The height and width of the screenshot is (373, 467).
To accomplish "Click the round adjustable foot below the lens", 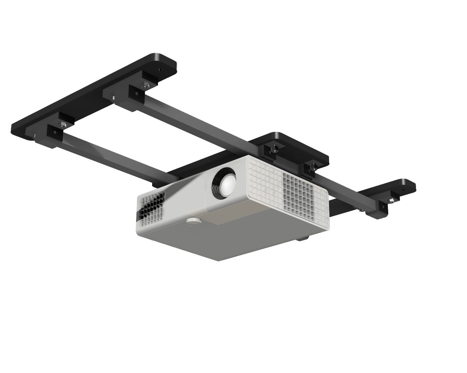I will coord(193,221).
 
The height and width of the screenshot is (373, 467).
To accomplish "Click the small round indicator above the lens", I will coord(239,164).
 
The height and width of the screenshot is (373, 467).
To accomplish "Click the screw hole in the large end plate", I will coord(158,69).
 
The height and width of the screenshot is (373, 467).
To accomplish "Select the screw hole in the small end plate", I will coord(403,189).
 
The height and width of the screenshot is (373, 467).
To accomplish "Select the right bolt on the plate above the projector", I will coord(313,167).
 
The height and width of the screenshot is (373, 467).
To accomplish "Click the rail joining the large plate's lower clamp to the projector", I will coord(109,157).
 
